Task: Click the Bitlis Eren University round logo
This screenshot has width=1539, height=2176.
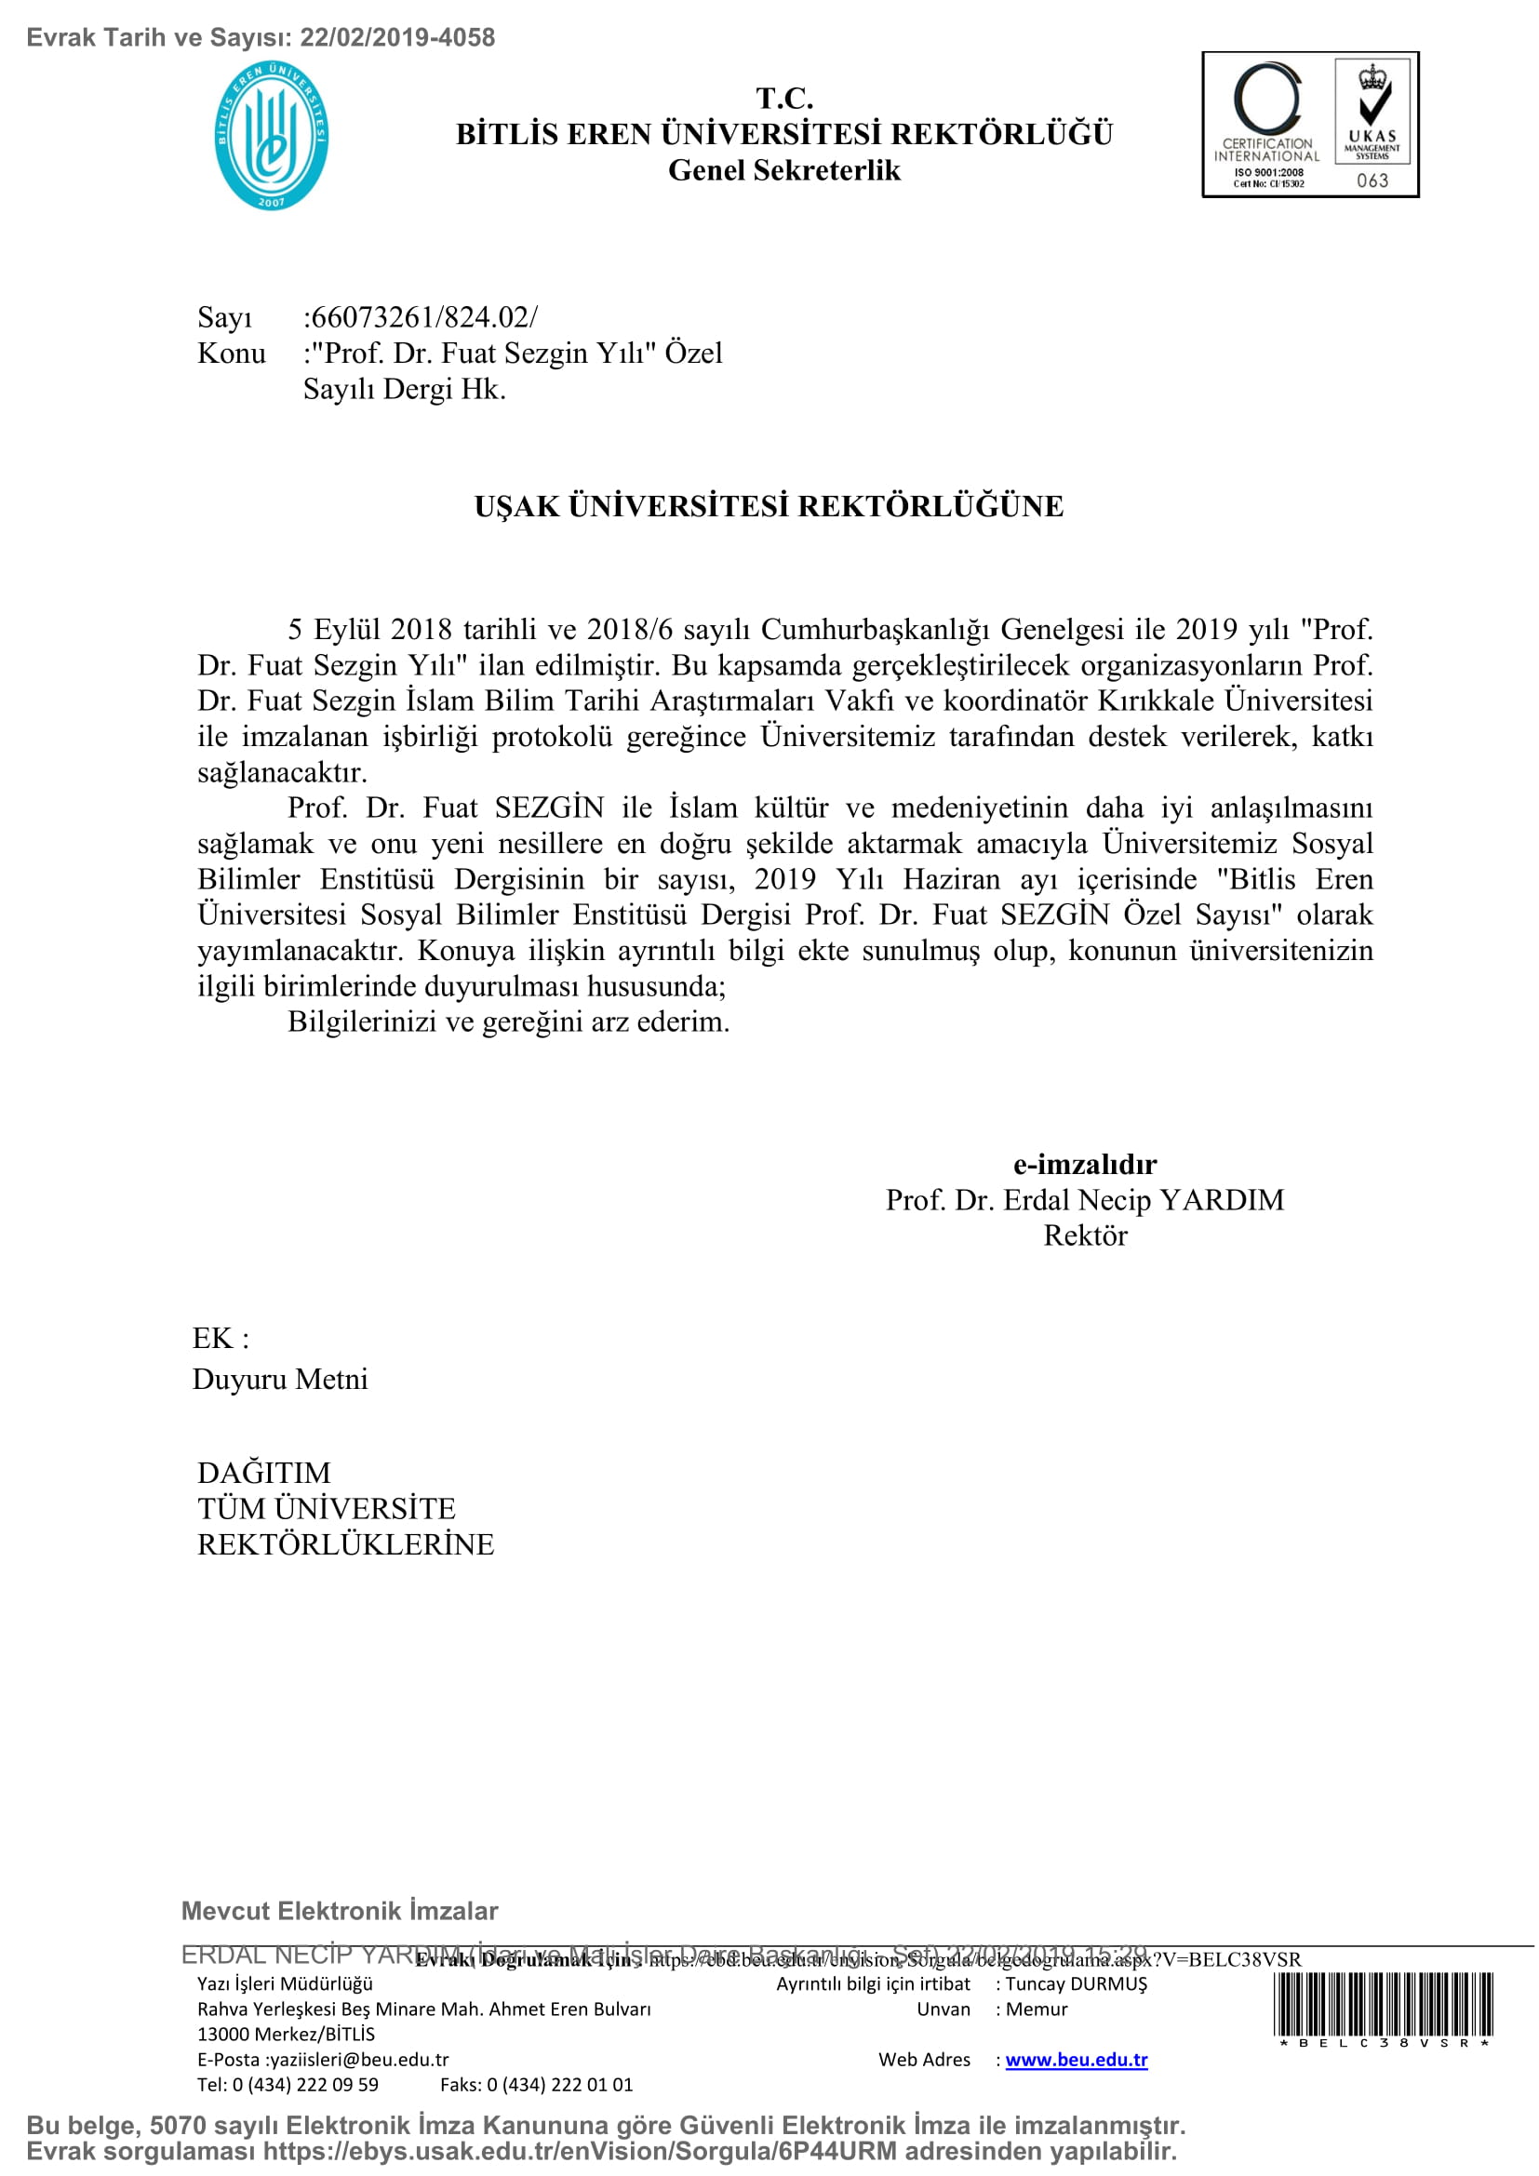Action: click(x=271, y=136)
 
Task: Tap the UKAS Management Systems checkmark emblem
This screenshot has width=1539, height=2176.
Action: click(x=1372, y=112)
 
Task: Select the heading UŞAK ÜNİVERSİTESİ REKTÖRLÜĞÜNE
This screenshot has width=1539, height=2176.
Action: click(x=769, y=506)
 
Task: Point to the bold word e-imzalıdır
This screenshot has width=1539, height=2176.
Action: click(x=1084, y=1164)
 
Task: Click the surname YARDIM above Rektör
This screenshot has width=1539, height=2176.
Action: click(x=1222, y=1200)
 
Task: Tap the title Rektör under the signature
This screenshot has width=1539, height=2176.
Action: click(x=1085, y=1235)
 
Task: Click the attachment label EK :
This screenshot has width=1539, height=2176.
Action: click(x=220, y=1338)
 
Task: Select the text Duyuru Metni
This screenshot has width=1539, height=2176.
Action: click(x=279, y=1379)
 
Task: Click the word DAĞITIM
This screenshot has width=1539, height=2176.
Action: click(x=263, y=1473)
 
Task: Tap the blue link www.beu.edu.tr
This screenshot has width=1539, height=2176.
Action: click(x=1076, y=2060)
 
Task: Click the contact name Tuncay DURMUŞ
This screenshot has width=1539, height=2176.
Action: click(x=1076, y=1983)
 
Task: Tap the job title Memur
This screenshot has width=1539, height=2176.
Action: click(x=1036, y=2009)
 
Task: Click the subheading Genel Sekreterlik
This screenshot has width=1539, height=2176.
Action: click(x=783, y=170)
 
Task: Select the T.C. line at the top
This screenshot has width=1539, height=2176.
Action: click(x=783, y=99)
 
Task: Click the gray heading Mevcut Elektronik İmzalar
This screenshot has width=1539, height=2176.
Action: click(x=340, y=1911)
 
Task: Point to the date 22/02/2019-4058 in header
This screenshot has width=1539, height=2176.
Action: click(x=397, y=38)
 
